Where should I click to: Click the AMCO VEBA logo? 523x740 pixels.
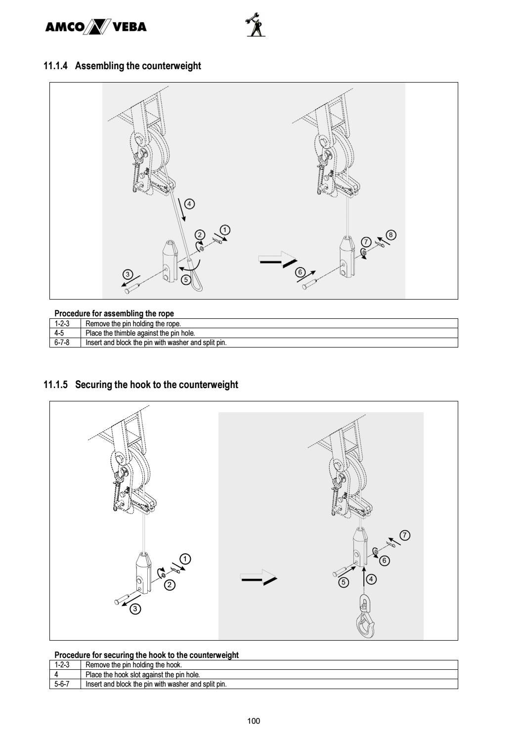click(x=95, y=27)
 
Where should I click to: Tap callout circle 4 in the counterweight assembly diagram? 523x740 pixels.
click(x=189, y=204)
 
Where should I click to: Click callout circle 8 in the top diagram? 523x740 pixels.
click(x=391, y=235)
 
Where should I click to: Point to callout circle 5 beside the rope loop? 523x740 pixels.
click(x=186, y=279)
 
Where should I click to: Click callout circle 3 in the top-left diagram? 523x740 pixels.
click(x=128, y=274)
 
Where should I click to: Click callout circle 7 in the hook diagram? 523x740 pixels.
click(x=405, y=535)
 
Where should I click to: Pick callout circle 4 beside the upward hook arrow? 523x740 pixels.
click(x=371, y=579)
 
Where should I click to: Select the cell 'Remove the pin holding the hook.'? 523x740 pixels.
click(x=133, y=665)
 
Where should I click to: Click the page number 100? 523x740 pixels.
click(x=253, y=721)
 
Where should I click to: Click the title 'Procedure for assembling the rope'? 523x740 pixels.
click(x=114, y=313)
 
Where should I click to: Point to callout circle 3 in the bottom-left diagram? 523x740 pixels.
click(x=135, y=609)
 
